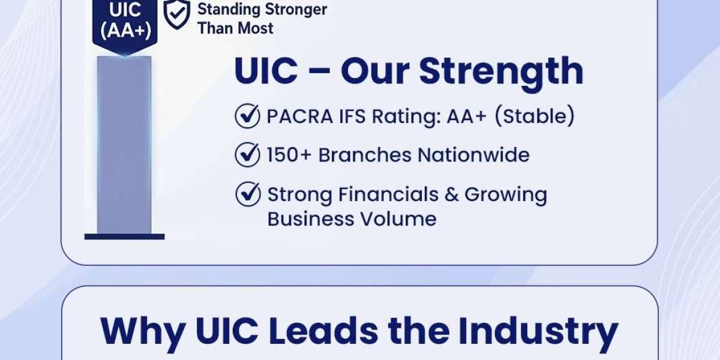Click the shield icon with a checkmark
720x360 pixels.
tap(177, 14)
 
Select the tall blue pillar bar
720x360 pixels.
tap(124, 145)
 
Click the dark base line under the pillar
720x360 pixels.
tap(124, 237)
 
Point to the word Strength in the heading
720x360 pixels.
tap(501, 73)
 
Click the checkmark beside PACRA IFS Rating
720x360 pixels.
tap(247, 116)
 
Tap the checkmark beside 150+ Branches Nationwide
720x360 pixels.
tap(247, 155)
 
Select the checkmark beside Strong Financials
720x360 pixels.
tap(248, 194)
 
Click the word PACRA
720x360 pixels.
tap(299, 116)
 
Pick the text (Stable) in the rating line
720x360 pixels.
tap(534, 115)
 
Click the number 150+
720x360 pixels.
tap(289, 155)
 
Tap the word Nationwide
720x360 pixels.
tap(473, 155)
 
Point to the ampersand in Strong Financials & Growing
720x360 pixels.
tap(452, 194)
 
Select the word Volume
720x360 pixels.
tap(398, 219)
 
